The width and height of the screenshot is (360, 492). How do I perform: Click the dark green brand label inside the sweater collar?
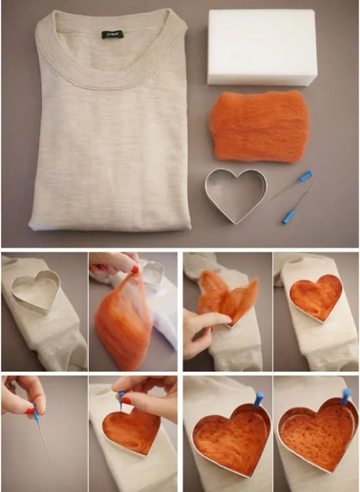[111, 34]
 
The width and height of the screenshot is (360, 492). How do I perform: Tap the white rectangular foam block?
[262, 47]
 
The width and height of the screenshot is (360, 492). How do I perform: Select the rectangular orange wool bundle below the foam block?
[260, 126]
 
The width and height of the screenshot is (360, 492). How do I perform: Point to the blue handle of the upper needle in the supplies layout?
[304, 176]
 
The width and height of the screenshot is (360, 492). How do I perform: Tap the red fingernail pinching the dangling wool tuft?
[134, 269]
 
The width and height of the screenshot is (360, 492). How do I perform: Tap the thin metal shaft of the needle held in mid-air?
[43, 442]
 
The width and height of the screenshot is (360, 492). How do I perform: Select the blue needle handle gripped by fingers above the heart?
[122, 396]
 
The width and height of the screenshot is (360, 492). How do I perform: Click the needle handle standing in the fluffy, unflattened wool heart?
[259, 396]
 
